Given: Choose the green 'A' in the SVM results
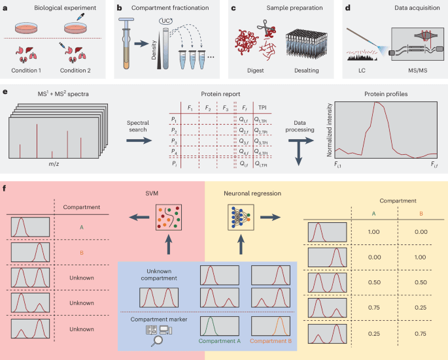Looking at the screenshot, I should (x=80, y=228).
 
